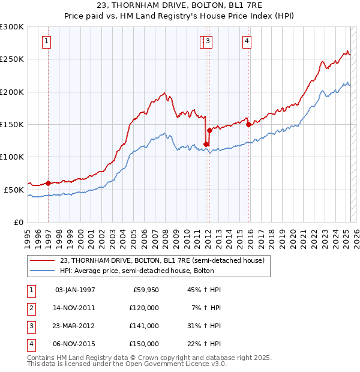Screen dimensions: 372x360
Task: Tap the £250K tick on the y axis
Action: pos(12,59)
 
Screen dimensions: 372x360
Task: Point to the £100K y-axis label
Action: pos(12,157)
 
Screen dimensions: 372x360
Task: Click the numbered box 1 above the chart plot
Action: pos(47,41)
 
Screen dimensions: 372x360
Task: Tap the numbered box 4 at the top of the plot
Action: pos(247,41)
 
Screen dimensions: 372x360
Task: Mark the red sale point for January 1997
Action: pos(49,183)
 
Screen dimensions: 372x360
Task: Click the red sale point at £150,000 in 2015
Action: pos(248,125)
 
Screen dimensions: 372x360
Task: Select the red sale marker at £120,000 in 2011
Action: pos(206,144)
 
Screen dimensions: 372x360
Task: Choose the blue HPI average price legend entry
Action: pos(157,271)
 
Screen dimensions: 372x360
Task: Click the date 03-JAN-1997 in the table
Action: pos(74,290)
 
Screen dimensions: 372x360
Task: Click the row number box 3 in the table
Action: pos(30,326)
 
